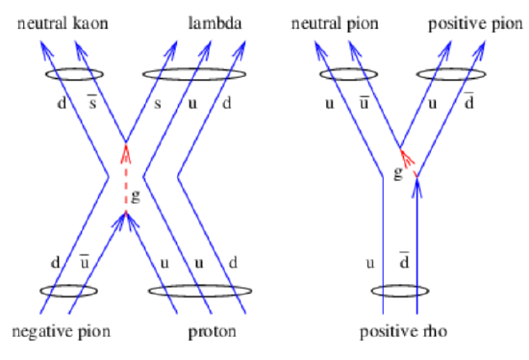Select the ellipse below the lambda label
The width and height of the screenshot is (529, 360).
[x=192, y=73]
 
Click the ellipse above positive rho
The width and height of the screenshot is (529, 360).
[x=399, y=289]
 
